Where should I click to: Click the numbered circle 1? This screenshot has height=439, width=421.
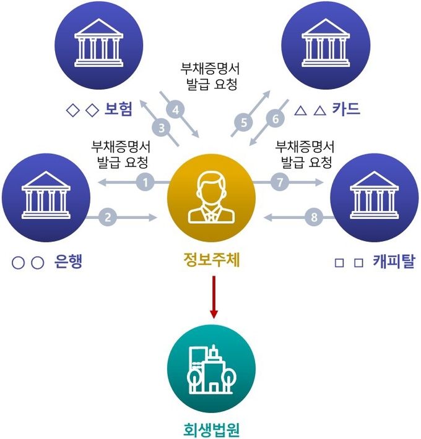[145, 182]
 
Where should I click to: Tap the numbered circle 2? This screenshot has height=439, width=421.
[108, 217]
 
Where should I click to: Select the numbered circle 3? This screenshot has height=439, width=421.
[163, 129]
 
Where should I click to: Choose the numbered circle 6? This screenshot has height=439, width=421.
[275, 117]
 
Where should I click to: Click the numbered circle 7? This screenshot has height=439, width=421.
[280, 182]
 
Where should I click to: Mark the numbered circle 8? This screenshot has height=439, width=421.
[315, 217]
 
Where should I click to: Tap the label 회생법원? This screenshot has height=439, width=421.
[212, 428]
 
